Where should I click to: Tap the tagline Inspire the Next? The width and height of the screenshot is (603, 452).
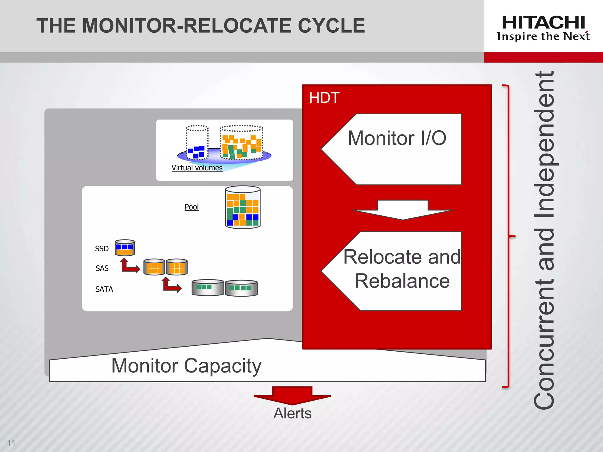[x=543, y=36]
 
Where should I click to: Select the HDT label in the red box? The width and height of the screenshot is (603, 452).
[x=324, y=98]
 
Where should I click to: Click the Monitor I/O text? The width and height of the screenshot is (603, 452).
[x=397, y=138]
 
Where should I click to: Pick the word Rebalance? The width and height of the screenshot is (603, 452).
[x=402, y=281]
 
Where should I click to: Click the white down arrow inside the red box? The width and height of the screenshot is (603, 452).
[x=402, y=210]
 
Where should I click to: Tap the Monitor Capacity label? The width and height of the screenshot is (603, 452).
[x=186, y=365]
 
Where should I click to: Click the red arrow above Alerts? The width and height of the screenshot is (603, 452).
[x=292, y=395]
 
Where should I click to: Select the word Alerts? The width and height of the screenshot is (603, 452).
[x=292, y=413]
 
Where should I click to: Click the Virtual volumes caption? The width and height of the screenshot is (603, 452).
[x=197, y=168]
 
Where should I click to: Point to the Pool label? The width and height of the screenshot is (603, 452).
[x=191, y=207]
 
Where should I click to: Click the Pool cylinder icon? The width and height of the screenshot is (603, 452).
[x=243, y=207]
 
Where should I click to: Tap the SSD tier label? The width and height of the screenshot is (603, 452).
[x=102, y=249]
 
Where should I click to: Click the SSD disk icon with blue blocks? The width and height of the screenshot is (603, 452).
[x=125, y=247]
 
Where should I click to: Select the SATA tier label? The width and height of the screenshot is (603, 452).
[x=104, y=289]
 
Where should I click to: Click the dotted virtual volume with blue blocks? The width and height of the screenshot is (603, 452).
[x=197, y=143]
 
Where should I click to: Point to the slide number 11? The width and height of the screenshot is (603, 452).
[x=11, y=443]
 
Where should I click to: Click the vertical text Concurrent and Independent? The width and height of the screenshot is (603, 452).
[x=545, y=240]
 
